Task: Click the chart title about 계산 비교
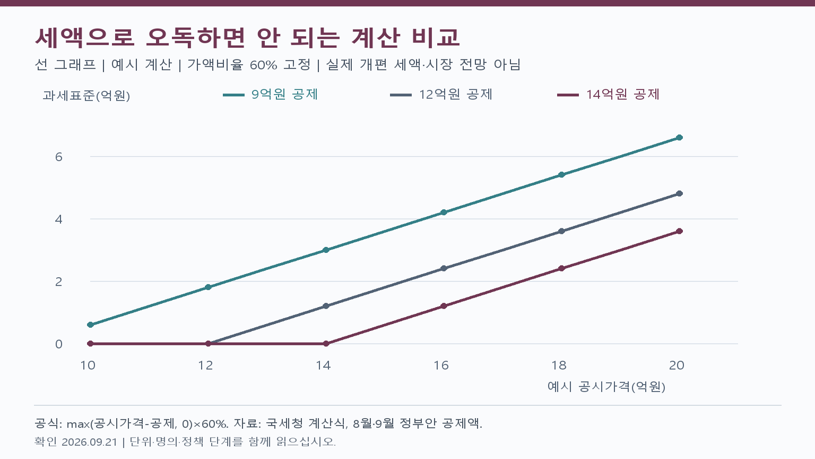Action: pos(247,38)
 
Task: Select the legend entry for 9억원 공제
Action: pos(270,95)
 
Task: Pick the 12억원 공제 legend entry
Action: pos(441,95)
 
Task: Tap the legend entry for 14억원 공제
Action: pos(609,95)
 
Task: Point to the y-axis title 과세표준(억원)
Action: pos(86,96)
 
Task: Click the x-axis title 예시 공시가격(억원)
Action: pos(606,387)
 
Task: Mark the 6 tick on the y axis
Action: pos(58,157)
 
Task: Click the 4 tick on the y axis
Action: pos(58,219)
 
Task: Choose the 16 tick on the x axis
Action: pos(441,365)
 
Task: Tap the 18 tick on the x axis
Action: pos(559,365)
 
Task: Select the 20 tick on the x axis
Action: pos(677,365)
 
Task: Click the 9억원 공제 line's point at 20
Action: pos(679,138)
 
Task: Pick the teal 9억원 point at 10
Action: pos(91,325)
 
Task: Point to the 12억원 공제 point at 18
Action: pos(561,231)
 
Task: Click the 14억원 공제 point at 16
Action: pos(444,306)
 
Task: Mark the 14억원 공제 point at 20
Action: pos(679,231)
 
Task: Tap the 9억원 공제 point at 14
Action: pos(326,250)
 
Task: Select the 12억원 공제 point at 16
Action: pos(444,268)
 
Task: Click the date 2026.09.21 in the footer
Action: pos(90,442)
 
